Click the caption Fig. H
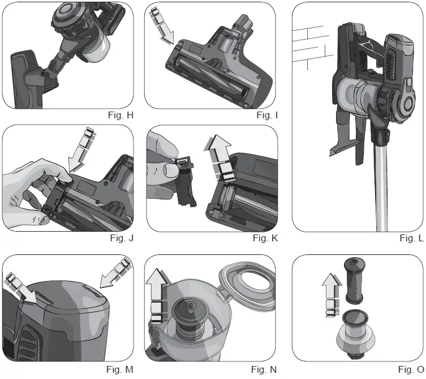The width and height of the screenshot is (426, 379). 121,115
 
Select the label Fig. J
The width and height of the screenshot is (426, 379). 122,238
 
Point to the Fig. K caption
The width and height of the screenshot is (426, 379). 265,238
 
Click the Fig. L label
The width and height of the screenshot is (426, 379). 411,238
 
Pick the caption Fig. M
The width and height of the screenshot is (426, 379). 121,370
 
